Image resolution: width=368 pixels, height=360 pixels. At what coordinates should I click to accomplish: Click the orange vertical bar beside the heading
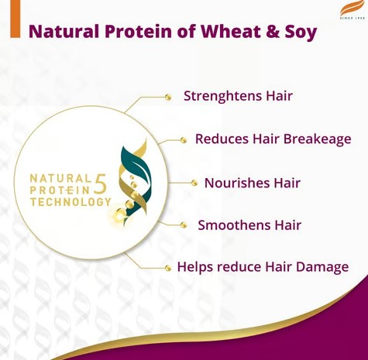[x=15, y=19]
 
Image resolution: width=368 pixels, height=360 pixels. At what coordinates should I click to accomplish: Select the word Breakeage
[x=317, y=139]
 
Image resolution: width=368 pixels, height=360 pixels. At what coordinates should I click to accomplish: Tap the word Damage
[x=322, y=267]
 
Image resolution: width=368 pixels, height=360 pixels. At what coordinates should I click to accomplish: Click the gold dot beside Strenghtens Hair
[x=168, y=97]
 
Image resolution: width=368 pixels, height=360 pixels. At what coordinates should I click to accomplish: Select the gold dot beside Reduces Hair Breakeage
[x=184, y=140]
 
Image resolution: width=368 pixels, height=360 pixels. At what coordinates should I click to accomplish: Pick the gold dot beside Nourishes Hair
[x=194, y=183]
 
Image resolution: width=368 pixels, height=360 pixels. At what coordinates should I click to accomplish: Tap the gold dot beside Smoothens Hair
[x=184, y=225]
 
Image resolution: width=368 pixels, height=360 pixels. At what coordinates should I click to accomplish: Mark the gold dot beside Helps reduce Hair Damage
[x=168, y=268]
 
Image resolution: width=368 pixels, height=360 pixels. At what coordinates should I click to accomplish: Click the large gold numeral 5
[x=100, y=184]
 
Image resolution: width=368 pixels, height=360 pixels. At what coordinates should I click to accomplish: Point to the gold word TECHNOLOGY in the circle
[x=71, y=202]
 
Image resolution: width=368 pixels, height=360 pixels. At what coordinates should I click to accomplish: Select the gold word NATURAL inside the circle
[x=60, y=178]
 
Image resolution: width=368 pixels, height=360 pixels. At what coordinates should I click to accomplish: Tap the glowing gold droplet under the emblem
[x=120, y=214]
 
